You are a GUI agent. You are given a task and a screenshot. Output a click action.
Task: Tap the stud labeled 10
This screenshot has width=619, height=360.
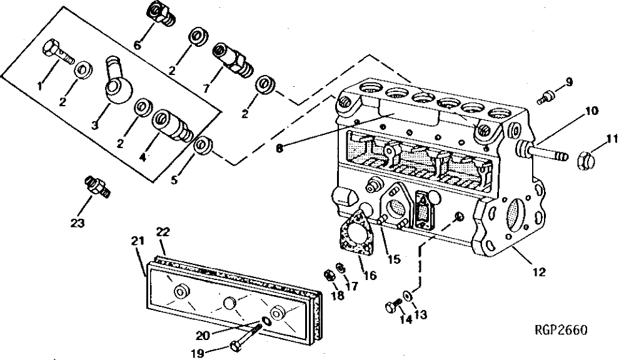click(541, 151)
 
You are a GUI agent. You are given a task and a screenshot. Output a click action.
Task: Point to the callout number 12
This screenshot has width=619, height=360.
click(539, 272)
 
